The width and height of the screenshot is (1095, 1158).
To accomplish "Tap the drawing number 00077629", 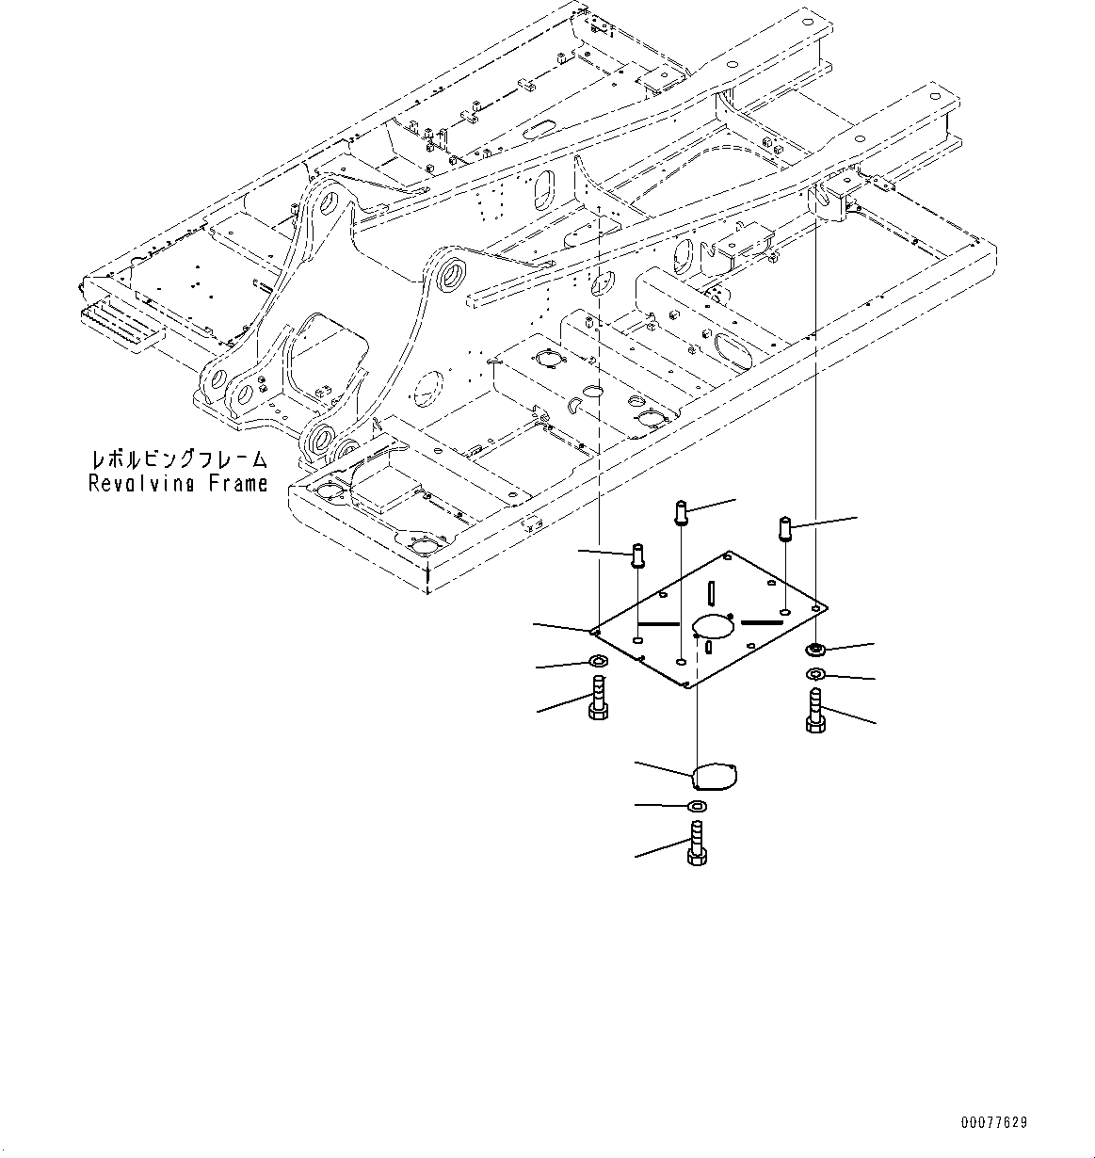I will click(x=994, y=1122).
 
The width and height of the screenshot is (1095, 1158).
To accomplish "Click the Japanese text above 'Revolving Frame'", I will click(x=178, y=460).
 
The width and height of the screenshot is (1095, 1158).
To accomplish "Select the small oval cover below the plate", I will click(x=715, y=777).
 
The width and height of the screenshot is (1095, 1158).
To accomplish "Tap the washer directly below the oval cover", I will click(x=696, y=806).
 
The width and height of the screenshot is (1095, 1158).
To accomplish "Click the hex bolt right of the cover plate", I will click(x=815, y=708).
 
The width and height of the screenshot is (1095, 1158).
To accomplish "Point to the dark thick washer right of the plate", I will click(x=815, y=649).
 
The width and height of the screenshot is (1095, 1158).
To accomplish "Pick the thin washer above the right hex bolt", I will click(x=815, y=674).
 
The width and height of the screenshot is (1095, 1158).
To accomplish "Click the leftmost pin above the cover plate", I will click(x=637, y=556).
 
